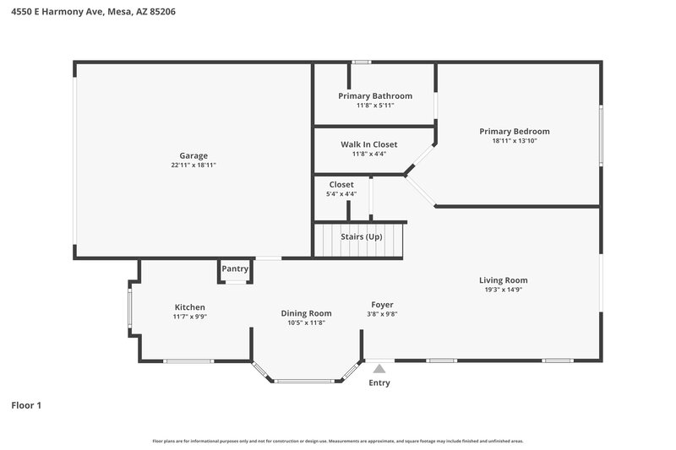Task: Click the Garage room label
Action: tap(194, 155)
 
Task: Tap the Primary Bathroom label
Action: tap(375, 96)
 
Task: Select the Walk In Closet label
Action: tap(369, 144)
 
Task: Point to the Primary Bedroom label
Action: tap(515, 131)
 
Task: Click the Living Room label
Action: tap(504, 280)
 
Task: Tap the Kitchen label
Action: tap(190, 306)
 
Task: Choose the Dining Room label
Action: tap(306, 313)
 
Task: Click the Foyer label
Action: tap(383, 304)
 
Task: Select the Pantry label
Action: tap(235, 268)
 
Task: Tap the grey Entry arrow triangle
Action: tap(380, 368)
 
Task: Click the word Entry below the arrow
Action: tap(380, 382)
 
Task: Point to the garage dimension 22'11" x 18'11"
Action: tap(194, 165)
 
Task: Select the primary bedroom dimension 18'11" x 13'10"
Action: tap(515, 141)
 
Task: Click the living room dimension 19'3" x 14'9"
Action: tap(504, 290)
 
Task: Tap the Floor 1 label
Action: tap(26, 405)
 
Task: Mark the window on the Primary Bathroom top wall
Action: tap(362, 62)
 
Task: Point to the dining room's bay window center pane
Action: tap(305, 381)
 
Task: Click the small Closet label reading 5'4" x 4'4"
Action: tap(341, 193)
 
